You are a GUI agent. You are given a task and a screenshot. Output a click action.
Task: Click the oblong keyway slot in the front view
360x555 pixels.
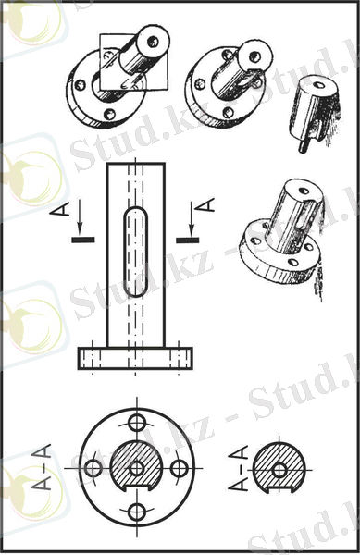pyautogui.click(x=135, y=252)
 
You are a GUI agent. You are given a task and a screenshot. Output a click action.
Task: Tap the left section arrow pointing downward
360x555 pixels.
pyautogui.click(x=80, y=216)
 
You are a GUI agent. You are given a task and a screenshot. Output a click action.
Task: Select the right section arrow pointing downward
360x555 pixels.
pyautogui.click(x=192, y=218)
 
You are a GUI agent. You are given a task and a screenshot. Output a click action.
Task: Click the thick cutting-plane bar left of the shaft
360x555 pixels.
pyautogui.click(x=83, y=240)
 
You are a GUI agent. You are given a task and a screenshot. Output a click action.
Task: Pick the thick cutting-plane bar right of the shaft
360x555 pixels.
pyautogui.click(x=188, y=240)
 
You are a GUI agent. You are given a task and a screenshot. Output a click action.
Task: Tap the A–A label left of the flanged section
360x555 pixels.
pyautogui.click(x=42, y=466)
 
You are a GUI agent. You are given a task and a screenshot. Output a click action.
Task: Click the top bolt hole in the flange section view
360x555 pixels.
pyautogui.click(x=136, y=423)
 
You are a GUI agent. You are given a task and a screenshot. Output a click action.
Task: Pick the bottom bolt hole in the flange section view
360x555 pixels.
pyautogui.click(x=136, y=511)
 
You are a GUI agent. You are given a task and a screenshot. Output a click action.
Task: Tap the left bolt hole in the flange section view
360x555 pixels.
pyautogui.click(x=93, y=468)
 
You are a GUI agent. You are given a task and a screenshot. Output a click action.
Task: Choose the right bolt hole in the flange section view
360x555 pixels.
pyautogui.click(x=179, y=468)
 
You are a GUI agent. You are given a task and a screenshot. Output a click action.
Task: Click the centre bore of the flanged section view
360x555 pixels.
pyautogui.click(x=136, y=468)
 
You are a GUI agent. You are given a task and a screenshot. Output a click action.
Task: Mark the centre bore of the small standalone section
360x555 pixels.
pyautogui.click(x=280, y=470)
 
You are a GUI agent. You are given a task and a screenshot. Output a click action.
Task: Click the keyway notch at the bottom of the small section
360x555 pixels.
pyautogui.click(x=279, y=490)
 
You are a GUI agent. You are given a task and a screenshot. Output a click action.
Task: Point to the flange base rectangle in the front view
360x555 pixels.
pyautogui.click(x=135, y=359)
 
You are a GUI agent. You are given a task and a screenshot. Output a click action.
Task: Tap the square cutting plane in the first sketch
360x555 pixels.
pyautogui.click(x=132, y=62)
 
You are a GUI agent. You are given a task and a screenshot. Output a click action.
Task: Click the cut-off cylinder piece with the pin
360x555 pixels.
pyautogui.click(x=315, y=113)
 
